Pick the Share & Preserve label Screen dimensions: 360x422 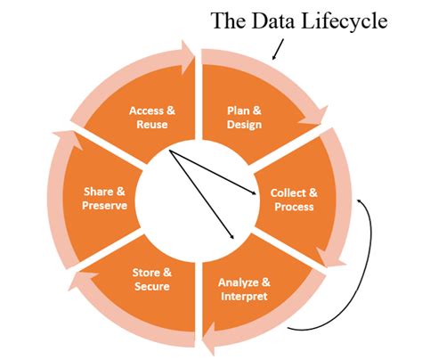click(106, 199)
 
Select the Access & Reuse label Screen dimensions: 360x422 click(152, 118)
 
